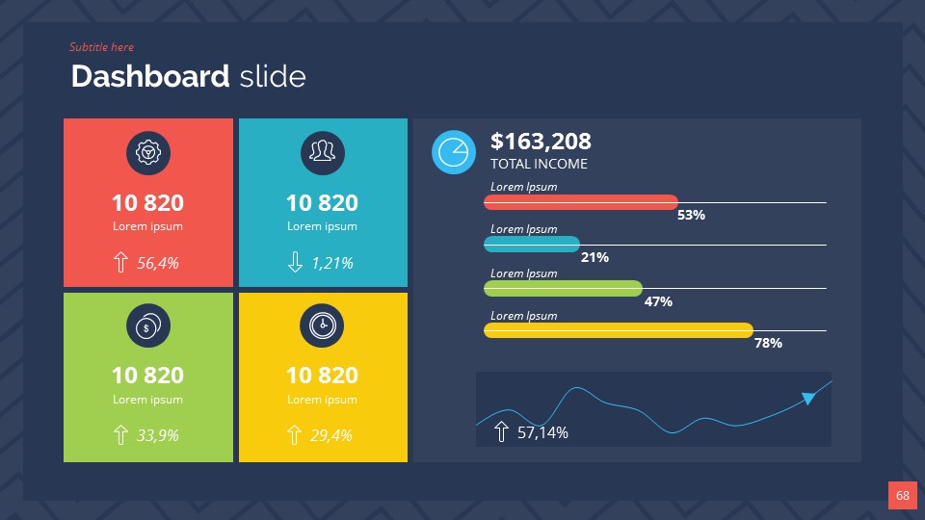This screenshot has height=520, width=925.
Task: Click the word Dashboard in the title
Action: tap(150, 77)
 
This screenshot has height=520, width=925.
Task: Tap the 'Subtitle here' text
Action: tap(101, 47)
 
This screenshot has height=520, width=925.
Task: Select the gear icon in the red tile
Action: tap(148, 153)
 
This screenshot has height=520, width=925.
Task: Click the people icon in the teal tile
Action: tap(322, 153)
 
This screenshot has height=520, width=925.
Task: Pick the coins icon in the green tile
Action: tap(148, 326)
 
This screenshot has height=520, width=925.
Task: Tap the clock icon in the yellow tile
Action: tap(322, 326)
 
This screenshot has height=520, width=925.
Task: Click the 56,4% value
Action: tap(158, 262)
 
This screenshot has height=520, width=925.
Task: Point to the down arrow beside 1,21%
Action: tap(295, 262)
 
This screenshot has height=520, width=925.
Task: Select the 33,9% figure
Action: tap(158, 435)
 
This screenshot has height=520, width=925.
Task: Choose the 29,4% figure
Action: tap(331, 435)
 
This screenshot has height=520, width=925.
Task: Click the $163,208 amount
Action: tap(541, 142)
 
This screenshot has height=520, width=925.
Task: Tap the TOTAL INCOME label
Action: tap(539, 164)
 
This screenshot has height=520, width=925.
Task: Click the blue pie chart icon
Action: tap(454, 152)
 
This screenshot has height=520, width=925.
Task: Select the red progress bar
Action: tap(581, 202)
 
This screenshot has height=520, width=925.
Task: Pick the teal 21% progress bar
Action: tap(532, 245)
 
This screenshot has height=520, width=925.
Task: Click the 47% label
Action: tap(658, 301)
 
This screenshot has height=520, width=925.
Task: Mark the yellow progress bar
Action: tap(618, 330)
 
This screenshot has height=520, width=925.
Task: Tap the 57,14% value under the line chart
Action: tap(542, 432)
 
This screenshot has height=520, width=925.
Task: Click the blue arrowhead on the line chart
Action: tap(808, 397)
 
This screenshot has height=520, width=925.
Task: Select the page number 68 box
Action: tap(902, 495)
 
